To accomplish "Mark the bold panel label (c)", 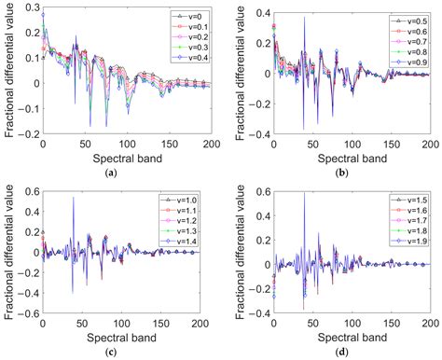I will pos(112,353).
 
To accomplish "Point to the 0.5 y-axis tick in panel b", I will pos(257,8).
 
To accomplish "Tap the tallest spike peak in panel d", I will pos(304,193).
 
